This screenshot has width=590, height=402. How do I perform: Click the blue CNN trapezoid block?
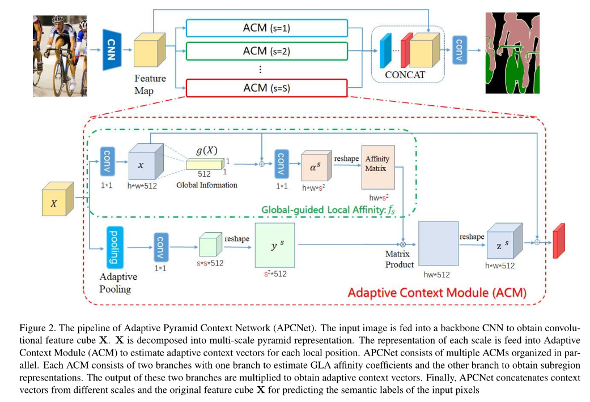(112, 50)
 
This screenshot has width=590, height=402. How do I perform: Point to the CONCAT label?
(404, 74)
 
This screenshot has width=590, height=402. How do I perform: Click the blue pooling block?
(116, 246)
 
